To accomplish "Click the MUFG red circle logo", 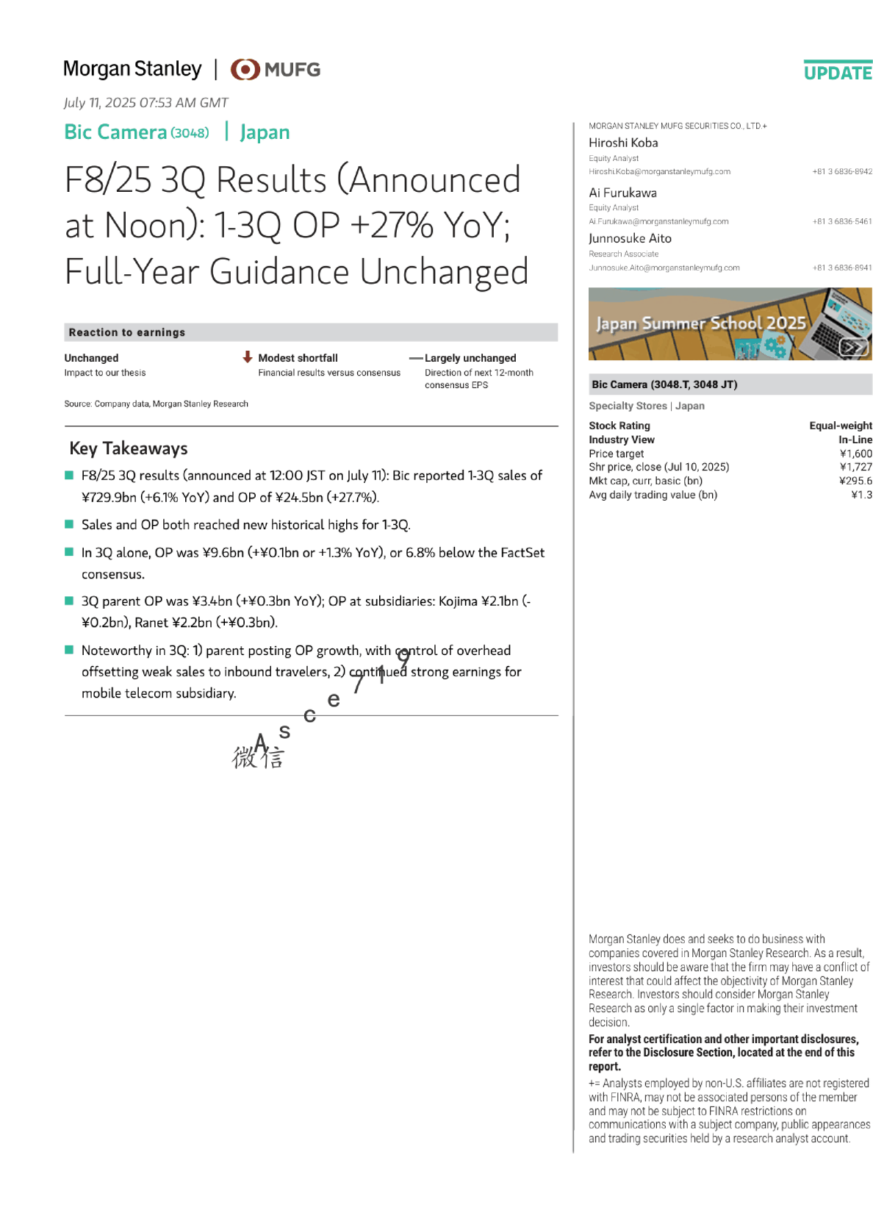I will [x=245, y=69].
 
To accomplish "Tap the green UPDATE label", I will [x=838, y=73].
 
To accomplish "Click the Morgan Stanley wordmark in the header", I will [x=132, y=69].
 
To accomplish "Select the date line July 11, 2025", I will [x=145, y=103].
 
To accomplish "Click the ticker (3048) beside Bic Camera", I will [x=190, y=133].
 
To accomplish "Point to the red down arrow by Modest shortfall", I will [x=248, y=357].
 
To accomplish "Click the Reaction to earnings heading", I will [x=127, y=332].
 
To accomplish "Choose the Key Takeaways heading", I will [x=129, y=448].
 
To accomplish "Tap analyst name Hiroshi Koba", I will [x=623, y=143].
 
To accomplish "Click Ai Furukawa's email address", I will [x=658, y=221].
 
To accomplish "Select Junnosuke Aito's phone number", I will [x=842, y=268].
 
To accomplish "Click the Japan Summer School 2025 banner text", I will [x=700, y=323].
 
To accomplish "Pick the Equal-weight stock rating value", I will [x=841, y=426].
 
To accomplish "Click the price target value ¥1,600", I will [x=856, y=454].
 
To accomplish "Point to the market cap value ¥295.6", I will [x=855, y=481].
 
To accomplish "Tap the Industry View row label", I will [x=622, y=440].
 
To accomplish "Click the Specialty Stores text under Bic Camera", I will [x=628, y=406].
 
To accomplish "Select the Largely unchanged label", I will [x=470, y=358].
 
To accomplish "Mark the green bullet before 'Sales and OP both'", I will [x=69, y=524].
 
